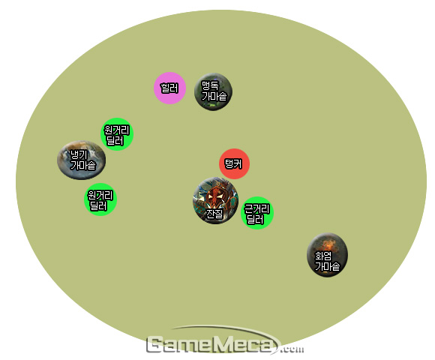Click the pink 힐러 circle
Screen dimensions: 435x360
(x=169, y=88)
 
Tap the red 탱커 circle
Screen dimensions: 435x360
(x=235, y=163)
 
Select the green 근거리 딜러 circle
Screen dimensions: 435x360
(x=257, y=213)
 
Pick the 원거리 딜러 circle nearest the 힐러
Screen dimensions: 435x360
(x=117, y=134)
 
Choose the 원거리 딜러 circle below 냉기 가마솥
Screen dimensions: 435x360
(x=100, y=199)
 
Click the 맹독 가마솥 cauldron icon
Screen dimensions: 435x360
(x=213, y=91)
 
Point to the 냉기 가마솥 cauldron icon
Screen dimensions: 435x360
(x=81, y=160)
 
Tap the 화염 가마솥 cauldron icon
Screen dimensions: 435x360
(x=327, y=255)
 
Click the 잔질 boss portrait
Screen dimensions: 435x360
(x=215, y=200)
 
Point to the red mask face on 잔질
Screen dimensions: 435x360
(x=214, y=196)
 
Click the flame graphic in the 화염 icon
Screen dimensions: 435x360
(x=328, y=244)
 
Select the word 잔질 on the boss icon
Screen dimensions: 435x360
(x=214, y=214)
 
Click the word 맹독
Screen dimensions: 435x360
(x=210, y=85)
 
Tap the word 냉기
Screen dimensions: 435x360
(x=79, y=154)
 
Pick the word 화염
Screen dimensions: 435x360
(x=323, y=256)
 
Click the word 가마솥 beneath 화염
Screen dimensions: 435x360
(x=327, y=266)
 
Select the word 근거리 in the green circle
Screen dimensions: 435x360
(x=256, y=208)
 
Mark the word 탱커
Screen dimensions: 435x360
(x=233, y=164)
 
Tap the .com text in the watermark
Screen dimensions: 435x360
(x=292, y=349)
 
